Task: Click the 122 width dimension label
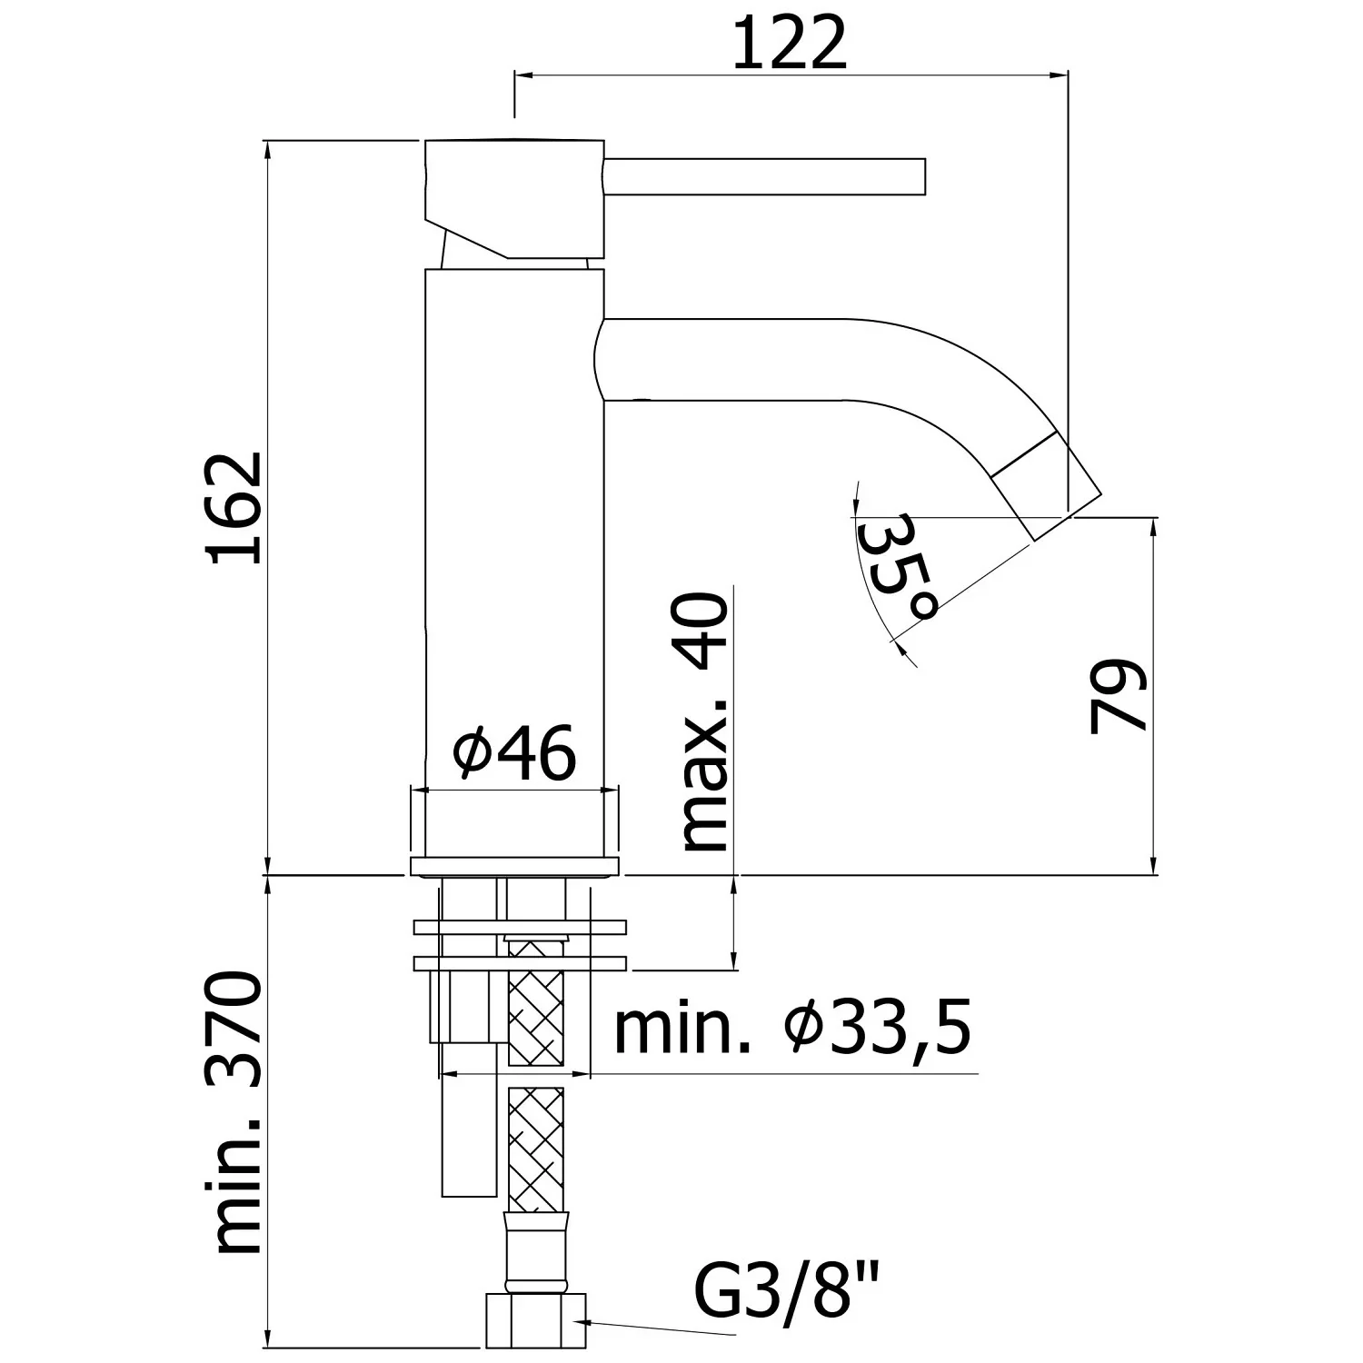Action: (789, 43)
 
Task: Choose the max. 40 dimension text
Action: (704, 723)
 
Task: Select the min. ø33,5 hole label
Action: (792, 1028)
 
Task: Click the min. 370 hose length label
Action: (236, 1112)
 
